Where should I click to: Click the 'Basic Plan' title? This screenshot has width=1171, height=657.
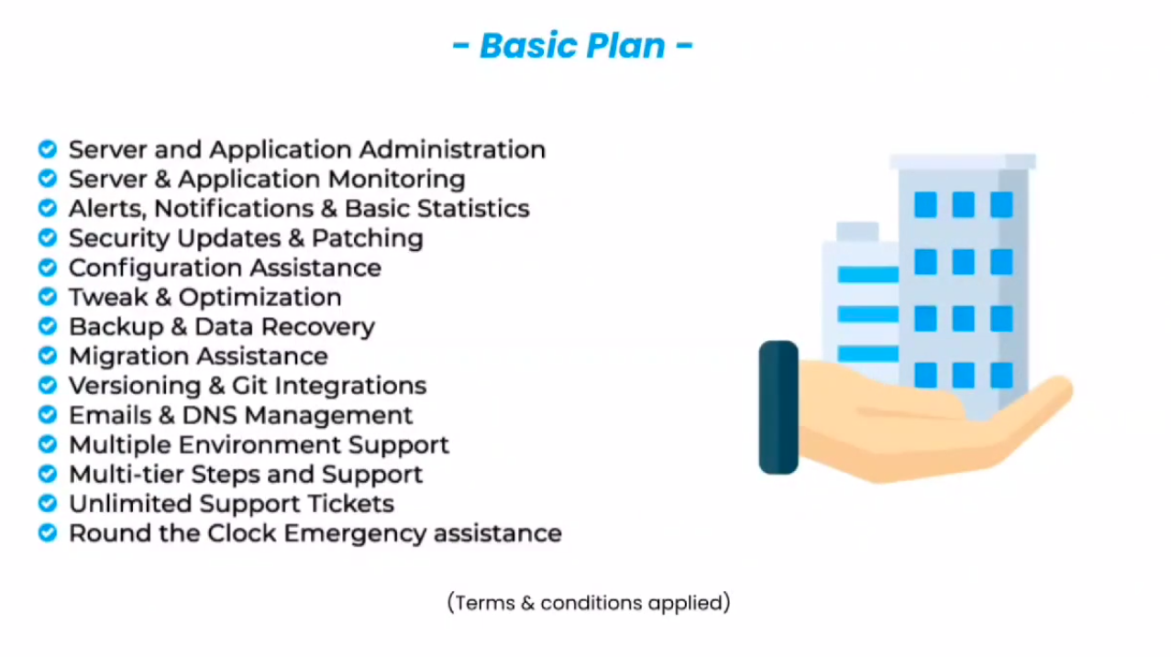tap(572, 46)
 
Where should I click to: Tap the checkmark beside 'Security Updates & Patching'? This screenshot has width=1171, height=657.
tap(48, 238)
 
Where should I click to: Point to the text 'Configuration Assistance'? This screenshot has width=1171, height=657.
tap(225, 268)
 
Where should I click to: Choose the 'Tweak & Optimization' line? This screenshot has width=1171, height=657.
tap(204, 297)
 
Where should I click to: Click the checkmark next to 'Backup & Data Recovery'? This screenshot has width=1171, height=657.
tap(48, 326)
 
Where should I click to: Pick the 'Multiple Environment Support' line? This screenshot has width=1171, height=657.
tap(259, 444)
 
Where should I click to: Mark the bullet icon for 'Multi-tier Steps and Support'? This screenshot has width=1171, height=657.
tap(48, 474)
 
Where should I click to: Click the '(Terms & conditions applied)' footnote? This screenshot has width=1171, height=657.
tap(589, 603)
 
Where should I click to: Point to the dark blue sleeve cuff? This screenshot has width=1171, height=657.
tap(779, 408)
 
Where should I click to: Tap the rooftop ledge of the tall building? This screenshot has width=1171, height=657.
tap(962, 162)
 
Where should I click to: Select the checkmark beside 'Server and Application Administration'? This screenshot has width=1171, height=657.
tap(48, 149)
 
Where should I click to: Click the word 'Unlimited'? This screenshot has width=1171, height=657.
tap(130, 503)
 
